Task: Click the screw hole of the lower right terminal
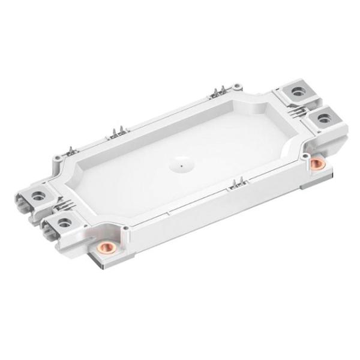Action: (x=324, y=118)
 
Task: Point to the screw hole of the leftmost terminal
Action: (x=41, y=194)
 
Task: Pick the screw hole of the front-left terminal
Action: (x=64, y=223)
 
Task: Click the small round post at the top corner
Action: (x=232, y=83)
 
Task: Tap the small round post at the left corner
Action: (x=57, y=160)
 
